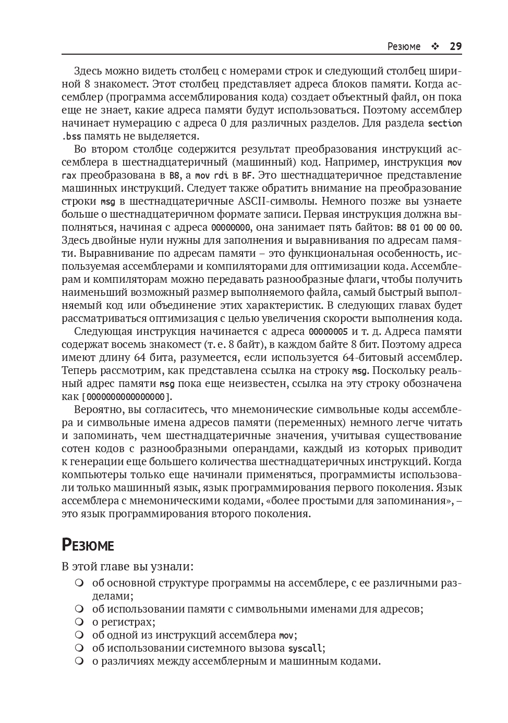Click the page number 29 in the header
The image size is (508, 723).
coord(455,46)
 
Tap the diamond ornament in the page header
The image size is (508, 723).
coord(435,46)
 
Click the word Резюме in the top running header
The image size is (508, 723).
coord(404,46)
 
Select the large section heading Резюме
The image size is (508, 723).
coord(88,545)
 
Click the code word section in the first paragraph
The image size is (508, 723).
coord(444,123)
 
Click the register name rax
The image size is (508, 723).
coord(69,176)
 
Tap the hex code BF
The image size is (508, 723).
coord(247,176)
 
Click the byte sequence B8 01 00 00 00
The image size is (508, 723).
coord(429,228)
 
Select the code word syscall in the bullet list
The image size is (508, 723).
coord(305,649)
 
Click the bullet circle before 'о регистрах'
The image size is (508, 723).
coord(79,622)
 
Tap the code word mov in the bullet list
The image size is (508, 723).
coord(286,635)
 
